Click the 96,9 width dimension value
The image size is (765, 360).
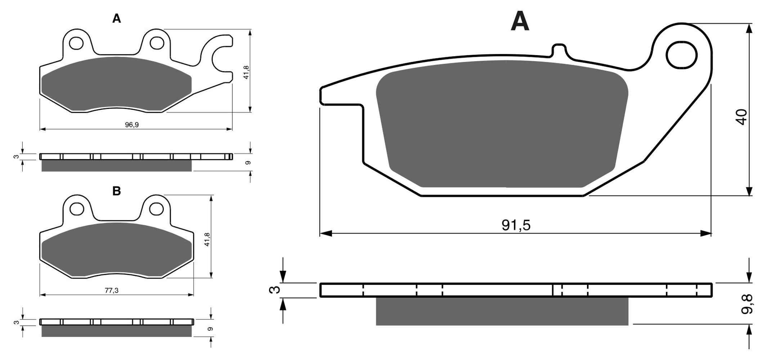click(132, 125)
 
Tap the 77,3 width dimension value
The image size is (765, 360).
click(112, 291)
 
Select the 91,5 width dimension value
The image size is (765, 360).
click(516, 225)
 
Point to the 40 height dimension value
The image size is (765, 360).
click(742, 117)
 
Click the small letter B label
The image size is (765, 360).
click(116, 191)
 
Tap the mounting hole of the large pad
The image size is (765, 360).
click(681, 55)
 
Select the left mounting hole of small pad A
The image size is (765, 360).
click(76, 43)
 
